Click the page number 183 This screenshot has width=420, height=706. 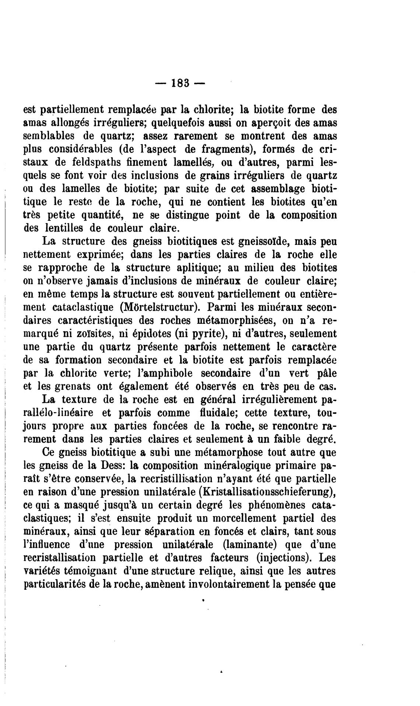180,84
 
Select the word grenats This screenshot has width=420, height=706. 64,387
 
